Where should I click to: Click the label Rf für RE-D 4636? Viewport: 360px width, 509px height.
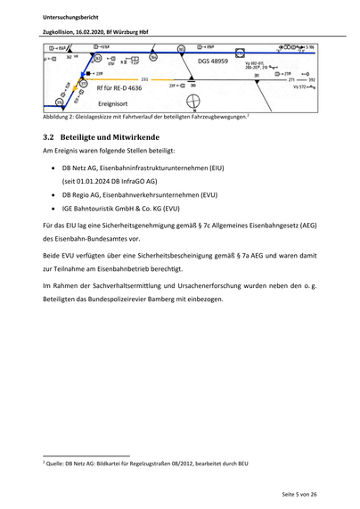(119, 88)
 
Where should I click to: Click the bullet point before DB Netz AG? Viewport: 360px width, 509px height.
(54, 167)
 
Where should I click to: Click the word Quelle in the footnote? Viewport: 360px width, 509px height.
(56, 464)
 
